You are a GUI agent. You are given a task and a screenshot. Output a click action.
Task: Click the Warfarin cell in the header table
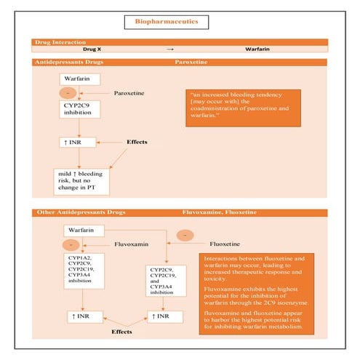[262, 49]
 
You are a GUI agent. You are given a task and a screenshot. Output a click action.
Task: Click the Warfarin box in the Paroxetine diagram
[79, 78]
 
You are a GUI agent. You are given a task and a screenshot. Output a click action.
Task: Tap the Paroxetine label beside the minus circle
[132, 94]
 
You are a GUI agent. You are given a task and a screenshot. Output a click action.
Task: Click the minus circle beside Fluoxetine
[187, 235]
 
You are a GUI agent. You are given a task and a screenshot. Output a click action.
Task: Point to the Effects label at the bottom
[121, 330]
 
